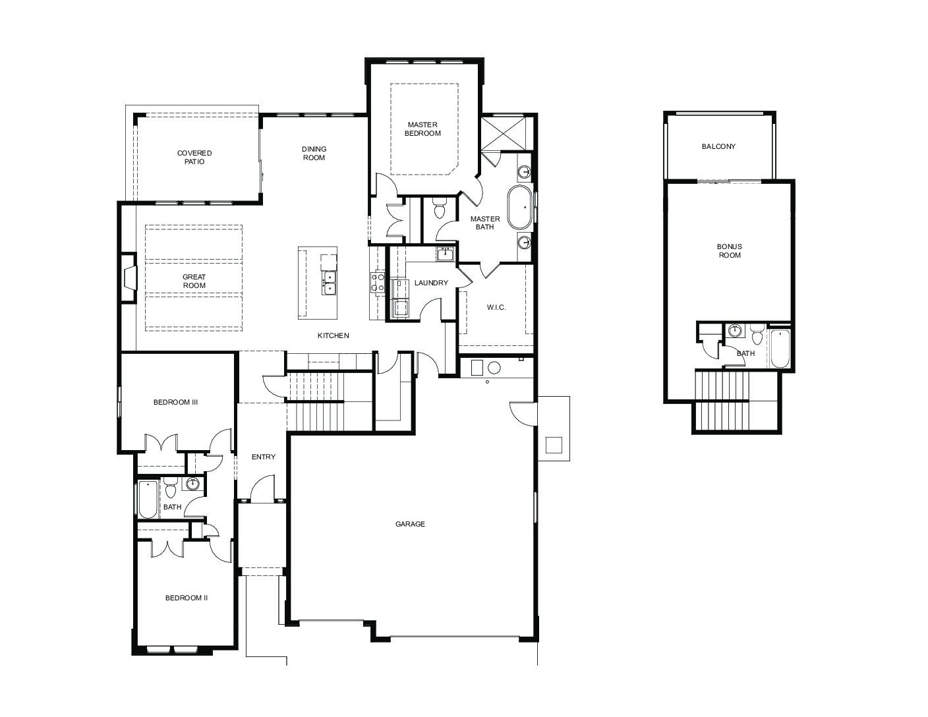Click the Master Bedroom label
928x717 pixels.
tap(422, 129)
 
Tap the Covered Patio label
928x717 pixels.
tap(194, 157)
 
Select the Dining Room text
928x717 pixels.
tap(314, 154)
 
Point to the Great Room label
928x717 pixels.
tap(194, 281)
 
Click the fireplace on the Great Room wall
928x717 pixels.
tap(129, 278)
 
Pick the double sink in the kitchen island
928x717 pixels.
tap(329, 283)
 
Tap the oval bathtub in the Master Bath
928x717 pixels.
tap(520, 208)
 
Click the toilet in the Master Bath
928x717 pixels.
tap(439, 208)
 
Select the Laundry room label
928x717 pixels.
tap(431, 283)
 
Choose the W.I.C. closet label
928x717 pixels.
tap(496, 307)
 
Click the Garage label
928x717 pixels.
tap(410, 524)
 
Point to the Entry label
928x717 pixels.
tap(264, 457)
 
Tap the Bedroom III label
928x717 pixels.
tap(175, 402)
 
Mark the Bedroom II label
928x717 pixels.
tap(187, 598)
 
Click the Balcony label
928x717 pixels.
tap(719, 146)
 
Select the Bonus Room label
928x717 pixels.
tap(730, 250)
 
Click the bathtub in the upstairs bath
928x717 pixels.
tap(780, 348)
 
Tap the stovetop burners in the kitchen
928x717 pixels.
tap(378, 283)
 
